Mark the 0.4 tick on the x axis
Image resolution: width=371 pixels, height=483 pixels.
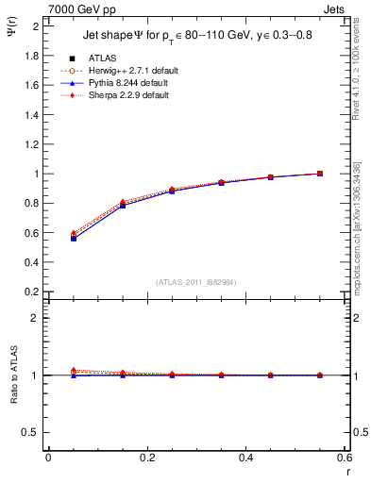(246, 459)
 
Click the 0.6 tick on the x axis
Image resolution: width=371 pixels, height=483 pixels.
(345, 459)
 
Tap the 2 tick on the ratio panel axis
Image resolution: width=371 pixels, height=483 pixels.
(36, 318)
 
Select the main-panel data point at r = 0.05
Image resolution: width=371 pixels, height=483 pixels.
(73, 238)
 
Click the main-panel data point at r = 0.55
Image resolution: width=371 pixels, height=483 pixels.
(320, 174)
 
